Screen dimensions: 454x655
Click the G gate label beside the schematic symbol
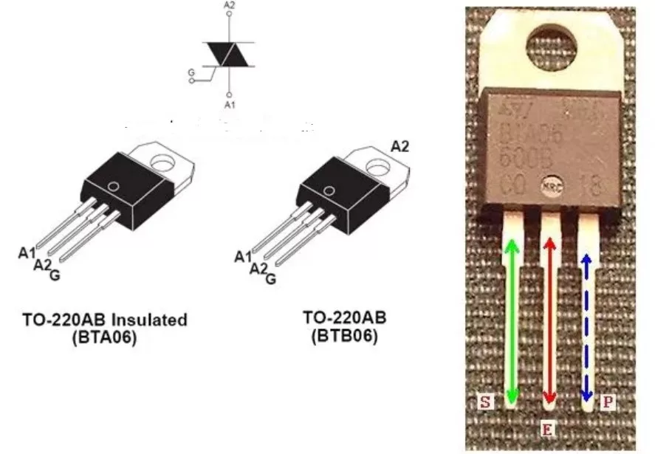coord(191,72)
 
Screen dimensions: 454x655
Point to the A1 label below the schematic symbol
coord(229,106)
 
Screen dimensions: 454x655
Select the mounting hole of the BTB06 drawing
coord(377,168)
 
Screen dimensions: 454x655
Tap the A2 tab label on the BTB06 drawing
coord(399,146)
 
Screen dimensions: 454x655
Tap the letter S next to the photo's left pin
coord(485,402)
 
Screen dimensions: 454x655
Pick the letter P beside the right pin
coord(607,402)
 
